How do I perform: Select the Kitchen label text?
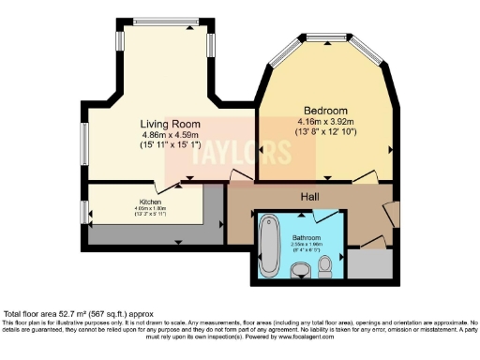click(x=151, y=202)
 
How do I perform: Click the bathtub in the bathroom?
click(x=268, y=244)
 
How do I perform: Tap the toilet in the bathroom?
click(x=324, y=267)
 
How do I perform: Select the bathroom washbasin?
click(x=300, y=271)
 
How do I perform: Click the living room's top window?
click(x=163, y=21)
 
